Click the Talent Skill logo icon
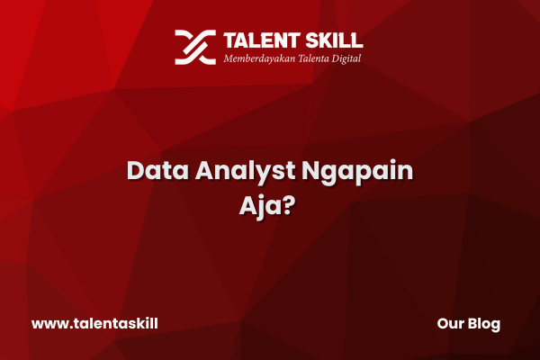click(x=195, y=47)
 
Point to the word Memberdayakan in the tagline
click(x=259, y=58)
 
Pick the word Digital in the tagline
click(x=346, y=58)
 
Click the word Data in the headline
click(x=157, y=170)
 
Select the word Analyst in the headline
click(x=245, y=172)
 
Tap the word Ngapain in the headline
click(x=357, y=172)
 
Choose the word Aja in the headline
click(x=262, y=208)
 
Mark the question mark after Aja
click(x=290, y=206)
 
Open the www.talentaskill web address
click(x=94, y=324)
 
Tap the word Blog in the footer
click(x=484, y=325)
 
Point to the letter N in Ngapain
click(x=310, y=170)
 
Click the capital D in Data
click(x=136, y=170)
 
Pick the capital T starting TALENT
click(x=229, y=40)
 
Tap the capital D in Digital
click(x=336, y=58)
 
